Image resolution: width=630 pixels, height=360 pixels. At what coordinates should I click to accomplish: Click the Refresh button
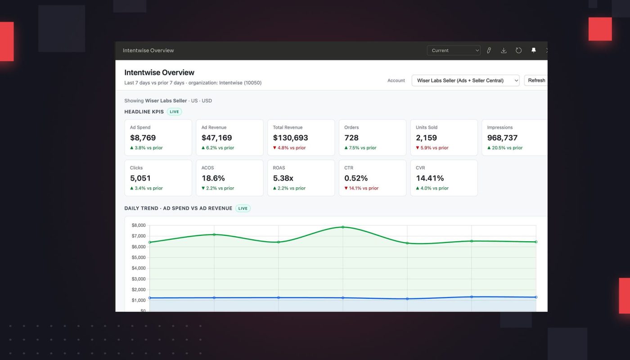tap(536, 81)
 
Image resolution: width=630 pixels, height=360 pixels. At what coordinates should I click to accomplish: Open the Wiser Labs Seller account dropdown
tap(465, 81)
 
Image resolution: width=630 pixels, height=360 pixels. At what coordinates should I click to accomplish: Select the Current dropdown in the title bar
tap(453, 50)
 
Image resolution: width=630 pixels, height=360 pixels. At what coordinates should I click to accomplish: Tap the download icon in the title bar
tap(504, 50)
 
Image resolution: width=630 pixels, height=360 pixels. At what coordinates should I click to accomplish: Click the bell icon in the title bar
tap(534, 50)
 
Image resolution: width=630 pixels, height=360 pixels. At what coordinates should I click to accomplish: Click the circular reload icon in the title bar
tap(518, 50)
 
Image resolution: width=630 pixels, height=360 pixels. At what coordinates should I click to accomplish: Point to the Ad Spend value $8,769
tap(143, 138)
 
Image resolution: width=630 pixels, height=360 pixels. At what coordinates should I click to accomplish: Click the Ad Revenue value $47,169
tap(216, 138)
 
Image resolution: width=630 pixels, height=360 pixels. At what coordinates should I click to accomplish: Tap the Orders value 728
tap(351, 138)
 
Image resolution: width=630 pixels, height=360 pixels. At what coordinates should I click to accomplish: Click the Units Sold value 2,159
tap(426, 138)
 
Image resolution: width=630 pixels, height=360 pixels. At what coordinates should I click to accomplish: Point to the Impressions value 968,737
tap(502, 138)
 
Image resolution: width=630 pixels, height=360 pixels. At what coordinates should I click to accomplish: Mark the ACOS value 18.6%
tap(213, 178)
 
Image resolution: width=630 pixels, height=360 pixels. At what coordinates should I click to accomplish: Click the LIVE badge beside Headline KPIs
tap(174, 112)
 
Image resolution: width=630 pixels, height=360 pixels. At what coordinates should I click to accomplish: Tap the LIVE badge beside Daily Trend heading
tap(243, 208)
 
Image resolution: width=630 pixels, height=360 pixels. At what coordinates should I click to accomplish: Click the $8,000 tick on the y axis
tap(139, 225)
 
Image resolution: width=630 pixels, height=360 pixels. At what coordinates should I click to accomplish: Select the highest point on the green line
tap(343, 227)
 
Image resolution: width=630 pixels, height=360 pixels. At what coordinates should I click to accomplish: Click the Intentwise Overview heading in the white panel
tap(159, 72)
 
